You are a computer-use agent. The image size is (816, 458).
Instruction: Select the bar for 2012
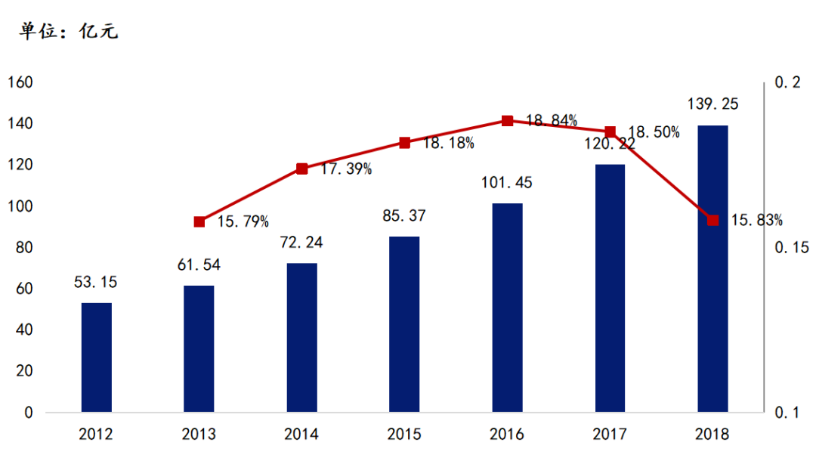pos(97,357)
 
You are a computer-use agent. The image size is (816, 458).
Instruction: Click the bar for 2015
pos(404,324)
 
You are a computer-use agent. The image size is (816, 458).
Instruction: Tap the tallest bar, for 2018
pos(712,268)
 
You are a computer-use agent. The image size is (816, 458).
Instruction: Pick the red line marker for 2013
pos(199,221)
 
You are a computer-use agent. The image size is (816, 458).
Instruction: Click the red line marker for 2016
pos(508,121)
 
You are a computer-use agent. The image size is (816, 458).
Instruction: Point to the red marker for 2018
pos(712,220)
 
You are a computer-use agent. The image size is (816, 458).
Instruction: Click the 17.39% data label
pos(346,169)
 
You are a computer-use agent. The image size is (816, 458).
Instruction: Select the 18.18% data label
pos(449,143)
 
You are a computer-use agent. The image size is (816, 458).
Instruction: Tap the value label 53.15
pos(97,283)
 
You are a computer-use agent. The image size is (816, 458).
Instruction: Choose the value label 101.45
pos(507,183)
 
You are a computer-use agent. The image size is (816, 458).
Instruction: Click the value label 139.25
pos(712,104)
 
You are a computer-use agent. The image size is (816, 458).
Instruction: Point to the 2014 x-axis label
pos(301,435)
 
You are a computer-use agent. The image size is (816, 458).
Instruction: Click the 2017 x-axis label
pos(610,435)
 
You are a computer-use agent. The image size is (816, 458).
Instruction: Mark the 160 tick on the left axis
pos(20,82)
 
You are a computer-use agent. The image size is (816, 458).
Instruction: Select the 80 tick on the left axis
pos(25,248)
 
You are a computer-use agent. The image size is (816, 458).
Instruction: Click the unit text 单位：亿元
pos(69,32)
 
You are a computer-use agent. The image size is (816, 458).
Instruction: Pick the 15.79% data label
pos(243,222)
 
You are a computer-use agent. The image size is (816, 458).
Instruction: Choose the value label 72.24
pos(301,243)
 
